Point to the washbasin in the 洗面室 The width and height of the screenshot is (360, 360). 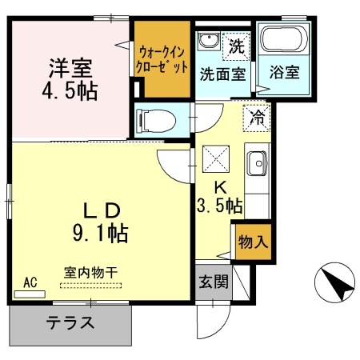coord(210,42)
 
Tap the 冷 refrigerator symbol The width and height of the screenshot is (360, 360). coord(258,116)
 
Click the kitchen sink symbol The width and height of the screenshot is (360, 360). coord(258,166)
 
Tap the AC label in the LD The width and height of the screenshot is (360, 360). coord(30,282)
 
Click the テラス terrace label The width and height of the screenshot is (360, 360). coord(70,324)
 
